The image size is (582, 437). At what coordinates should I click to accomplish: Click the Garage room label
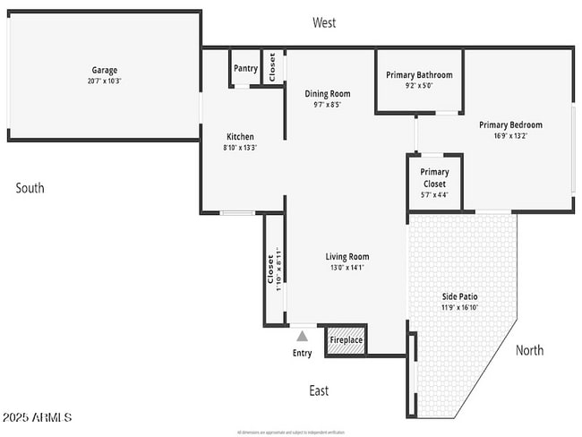pos(104,70)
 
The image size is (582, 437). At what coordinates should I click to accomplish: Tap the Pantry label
pos(245,68)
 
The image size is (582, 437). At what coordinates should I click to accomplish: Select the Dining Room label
pos(327,93)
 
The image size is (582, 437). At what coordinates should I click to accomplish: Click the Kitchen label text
pos(240,137)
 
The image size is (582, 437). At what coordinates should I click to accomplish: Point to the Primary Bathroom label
pos(419,75)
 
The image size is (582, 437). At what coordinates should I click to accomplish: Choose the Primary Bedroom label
pos(510,124)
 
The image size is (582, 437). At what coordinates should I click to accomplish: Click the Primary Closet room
pos(434,178)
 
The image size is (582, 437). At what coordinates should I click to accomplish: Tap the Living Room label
pos(347,256)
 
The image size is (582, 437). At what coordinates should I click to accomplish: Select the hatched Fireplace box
pos(347,339)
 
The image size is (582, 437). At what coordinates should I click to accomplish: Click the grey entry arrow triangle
pos(303,336)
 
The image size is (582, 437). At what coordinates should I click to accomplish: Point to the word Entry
pos(303,353)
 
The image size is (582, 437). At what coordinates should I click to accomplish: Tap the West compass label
pos(324,23)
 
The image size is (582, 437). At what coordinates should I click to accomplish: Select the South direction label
pos(30,188)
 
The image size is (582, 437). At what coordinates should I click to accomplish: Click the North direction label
pos(529,350)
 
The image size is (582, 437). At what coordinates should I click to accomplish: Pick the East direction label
pos(319,390)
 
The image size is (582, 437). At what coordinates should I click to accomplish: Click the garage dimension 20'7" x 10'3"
pos(104,81)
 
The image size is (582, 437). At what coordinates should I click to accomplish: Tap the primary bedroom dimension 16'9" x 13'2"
pos(510,136)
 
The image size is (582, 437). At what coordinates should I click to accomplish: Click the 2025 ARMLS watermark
pos(37,418)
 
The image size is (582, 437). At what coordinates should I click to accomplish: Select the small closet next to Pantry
pos(273,68)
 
